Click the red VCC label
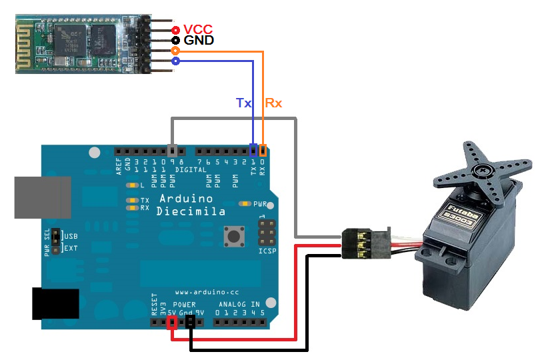[199, 29]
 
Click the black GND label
[199, 41]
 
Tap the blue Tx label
[244, 103]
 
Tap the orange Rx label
[273, 103]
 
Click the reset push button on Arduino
[233, 235]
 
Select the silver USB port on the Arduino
[41, 197]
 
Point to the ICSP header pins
[265, 233]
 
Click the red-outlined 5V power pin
[172, 323]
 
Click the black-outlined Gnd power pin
[191, 323]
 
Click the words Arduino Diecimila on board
[191, 205]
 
